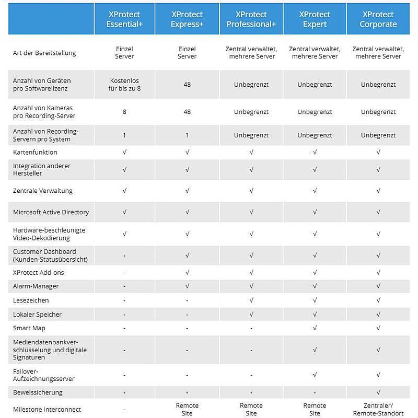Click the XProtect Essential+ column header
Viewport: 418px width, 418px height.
click(x=124, y=19)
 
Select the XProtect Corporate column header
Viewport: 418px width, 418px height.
click(x=378, y=19)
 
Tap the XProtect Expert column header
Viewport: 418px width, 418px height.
click(x=315, y=19)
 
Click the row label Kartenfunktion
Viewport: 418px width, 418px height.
click(x=35, y=152)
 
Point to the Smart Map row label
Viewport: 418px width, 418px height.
click(x=29, y=328)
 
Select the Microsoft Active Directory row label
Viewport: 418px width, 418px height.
click(x=51, y=212)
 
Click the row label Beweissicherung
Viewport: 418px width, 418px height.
click(x=38, y=392)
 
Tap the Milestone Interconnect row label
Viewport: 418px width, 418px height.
click(x=47, y=410)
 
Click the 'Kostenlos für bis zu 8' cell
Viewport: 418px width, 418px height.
click(x=124, y=85)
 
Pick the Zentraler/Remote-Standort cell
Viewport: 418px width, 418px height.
click(x=378, y=410)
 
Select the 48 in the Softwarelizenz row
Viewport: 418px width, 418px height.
click(x=187, y=85)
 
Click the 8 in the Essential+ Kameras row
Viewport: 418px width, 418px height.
click(x=124, y=112)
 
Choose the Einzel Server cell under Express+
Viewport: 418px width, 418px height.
click(x=187, y=53)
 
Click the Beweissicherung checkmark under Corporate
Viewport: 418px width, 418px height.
click(x=378, y=392)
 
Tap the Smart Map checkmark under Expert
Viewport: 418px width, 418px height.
click(x=315, y=328)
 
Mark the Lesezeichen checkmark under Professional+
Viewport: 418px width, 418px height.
click(x=251, y=300)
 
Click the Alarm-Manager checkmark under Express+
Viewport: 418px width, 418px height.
click(x=187, y=286)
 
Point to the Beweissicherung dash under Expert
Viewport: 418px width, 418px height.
click(x=315, y=392)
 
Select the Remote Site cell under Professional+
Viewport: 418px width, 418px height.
click(x=251, y=410)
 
